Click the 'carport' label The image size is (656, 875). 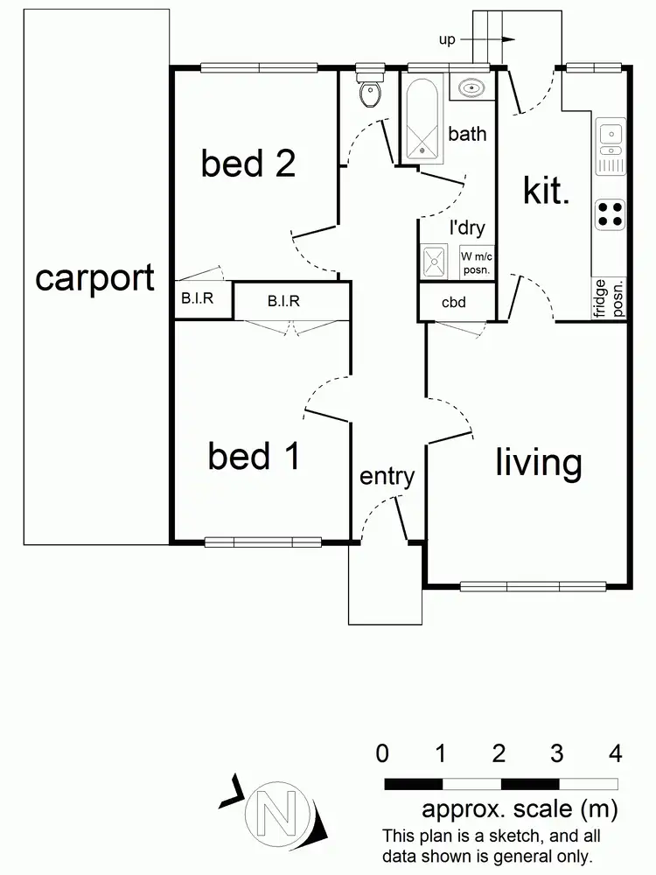[94, 278]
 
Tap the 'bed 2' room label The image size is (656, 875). [248, 163]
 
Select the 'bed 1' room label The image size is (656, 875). [254, 456]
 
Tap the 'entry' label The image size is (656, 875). [387, 477]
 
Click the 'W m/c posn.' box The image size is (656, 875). [478, 262]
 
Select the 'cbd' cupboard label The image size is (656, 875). [453, 303]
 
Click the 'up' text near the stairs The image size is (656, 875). [447, 40]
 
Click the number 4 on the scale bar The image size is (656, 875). [616, 752]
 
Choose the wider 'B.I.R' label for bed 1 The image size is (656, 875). [283, 302]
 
